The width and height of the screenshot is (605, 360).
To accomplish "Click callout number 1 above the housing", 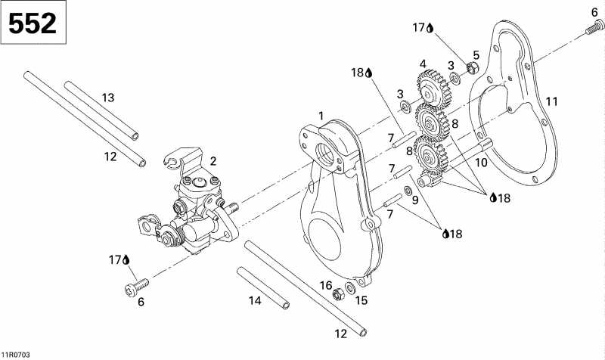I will (x=321, y=115).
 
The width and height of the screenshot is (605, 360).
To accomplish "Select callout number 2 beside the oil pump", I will (x=214, y=161).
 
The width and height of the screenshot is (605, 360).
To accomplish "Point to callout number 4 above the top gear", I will (x=423, y=64).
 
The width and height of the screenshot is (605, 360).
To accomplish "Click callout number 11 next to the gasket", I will (x=552, y=101).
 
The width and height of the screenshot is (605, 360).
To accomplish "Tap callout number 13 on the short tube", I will (x=108, y=97).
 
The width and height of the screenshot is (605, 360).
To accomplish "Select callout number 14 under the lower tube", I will (x=255, y=301).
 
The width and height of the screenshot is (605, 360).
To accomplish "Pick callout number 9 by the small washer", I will (x=414, y=200).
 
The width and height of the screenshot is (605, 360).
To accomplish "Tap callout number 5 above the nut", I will (x=476, y=54).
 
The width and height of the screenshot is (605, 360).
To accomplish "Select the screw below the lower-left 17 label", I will (x=136, y=285).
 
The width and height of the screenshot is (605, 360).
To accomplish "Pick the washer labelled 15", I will (x=351, y=288).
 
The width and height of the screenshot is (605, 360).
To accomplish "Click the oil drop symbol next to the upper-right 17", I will (x=430, y=29).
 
